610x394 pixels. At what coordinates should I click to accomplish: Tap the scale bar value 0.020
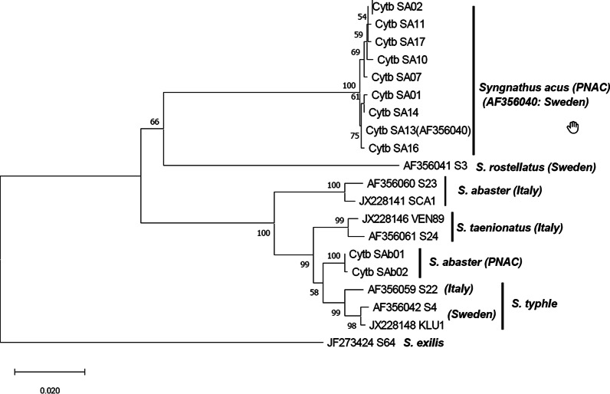(x=49, y=389)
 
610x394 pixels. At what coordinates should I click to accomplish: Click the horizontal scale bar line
(x=49, y=372)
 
